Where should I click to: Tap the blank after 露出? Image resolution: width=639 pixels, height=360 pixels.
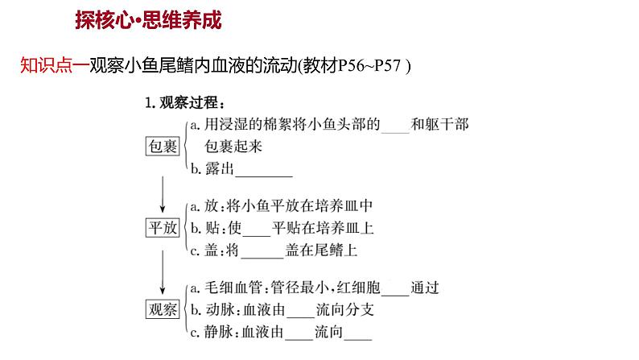point(263,170)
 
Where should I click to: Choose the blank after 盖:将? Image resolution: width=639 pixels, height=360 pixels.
point(262,250)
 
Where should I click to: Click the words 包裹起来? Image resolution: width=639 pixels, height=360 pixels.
point(233,147)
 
